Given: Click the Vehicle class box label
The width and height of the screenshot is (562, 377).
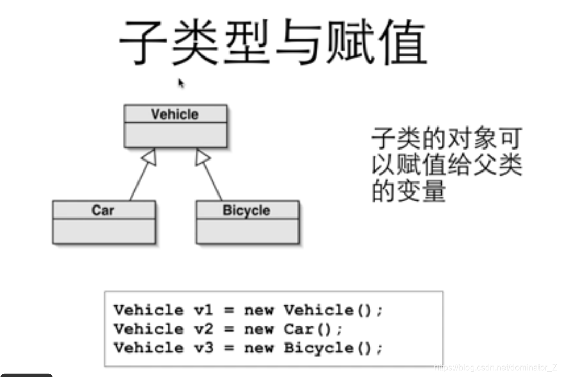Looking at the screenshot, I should tap(175, 114).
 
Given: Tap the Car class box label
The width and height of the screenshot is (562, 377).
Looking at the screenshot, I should tap(103, 210).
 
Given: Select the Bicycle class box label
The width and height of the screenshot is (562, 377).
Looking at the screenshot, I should tap(246, 210).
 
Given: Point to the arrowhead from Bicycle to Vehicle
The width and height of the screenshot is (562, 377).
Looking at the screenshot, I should tap(202, 156).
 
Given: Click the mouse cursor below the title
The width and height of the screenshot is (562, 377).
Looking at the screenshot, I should tap(181, 84).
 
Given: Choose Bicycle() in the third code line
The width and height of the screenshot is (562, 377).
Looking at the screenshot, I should tap(332, 348).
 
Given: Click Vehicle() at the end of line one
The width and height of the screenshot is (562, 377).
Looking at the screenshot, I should tap(332, 310).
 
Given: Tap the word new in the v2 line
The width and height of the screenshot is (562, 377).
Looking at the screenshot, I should tap(259, 329).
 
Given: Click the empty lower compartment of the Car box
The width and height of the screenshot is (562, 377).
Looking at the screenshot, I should tap(104, 231).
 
